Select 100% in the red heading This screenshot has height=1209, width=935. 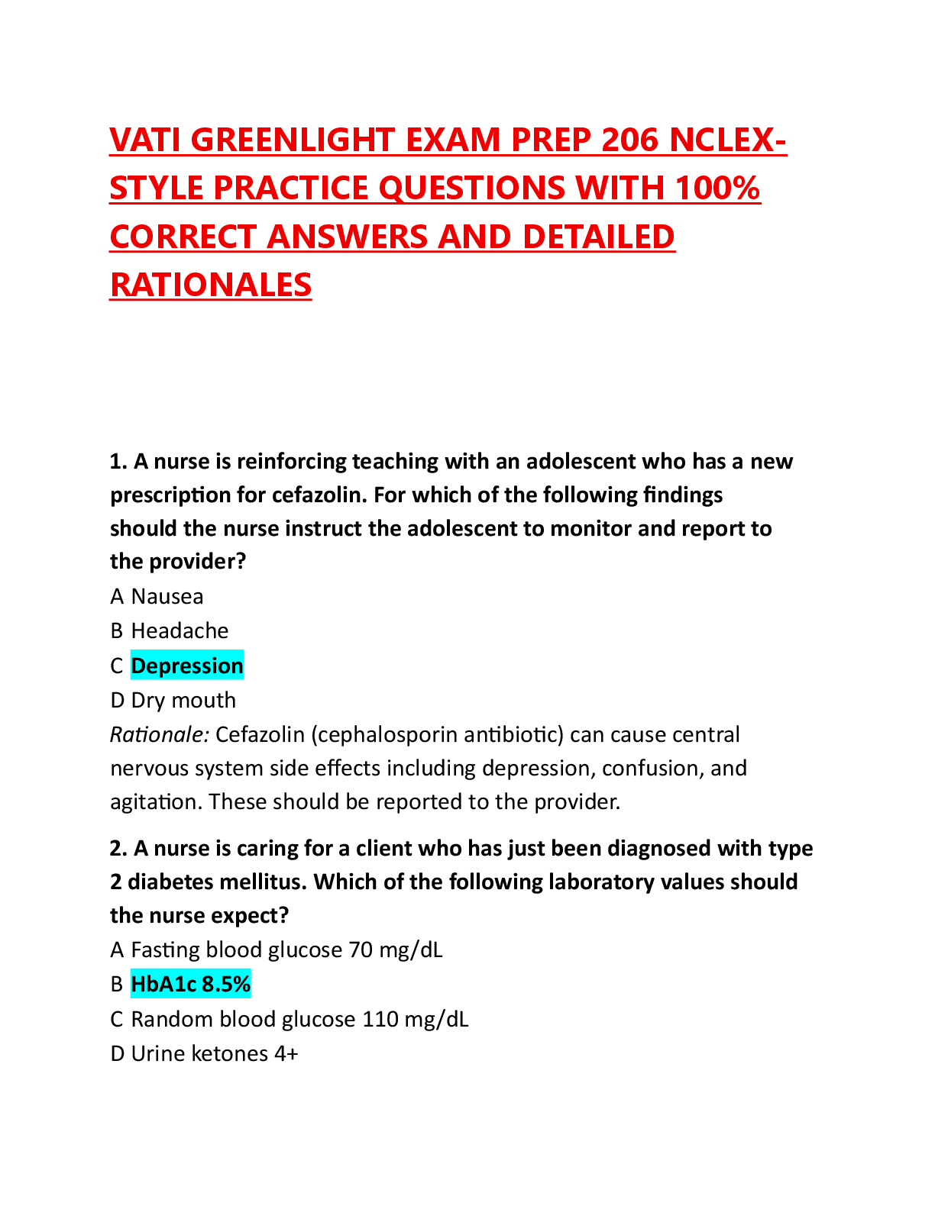[718, 188]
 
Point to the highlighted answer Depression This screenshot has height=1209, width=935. [187, 666]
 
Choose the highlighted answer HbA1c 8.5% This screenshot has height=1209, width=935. [190, 985]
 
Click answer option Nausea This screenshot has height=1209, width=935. [167, 596]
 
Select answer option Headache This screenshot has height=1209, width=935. [180, 631]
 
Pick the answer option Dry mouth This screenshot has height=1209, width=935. [183, 701]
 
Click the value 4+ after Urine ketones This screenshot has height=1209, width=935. [286, 1054]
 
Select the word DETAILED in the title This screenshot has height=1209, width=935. [599, 237]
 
